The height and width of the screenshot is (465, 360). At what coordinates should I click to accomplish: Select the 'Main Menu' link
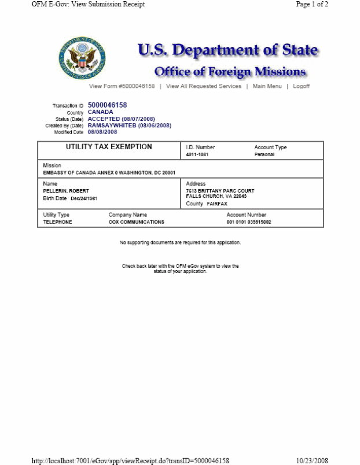pyautogui.click(x=267, y=86)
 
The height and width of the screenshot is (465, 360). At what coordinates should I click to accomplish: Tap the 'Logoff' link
pyautogui.click(x=301, y=86)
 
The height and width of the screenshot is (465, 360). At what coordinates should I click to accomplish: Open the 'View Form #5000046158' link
pyautogui.click(x=122, y=86)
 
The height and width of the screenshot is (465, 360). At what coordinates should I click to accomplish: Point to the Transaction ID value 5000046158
pyautogui.click(x=107, y=105)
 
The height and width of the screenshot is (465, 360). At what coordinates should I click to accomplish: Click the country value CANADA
pyautogui.click(x=100, y=112)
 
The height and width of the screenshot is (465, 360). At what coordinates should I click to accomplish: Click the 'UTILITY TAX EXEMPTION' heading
pyautogui.click(x=109, y=147)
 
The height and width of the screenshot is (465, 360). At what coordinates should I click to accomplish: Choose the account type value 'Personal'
pyautogui.click(x=265, y=155)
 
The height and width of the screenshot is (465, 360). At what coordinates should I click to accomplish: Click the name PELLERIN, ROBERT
pyautogui.click(x=66, y=191)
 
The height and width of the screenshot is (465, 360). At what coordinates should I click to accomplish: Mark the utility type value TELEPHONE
pyautogui.click(x=57, y=222)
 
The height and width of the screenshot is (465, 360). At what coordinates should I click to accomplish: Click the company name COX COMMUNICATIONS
pyautogui.click(x=136, y=222)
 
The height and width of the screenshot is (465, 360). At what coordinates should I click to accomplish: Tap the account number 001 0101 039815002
pyautogui.click(x=248, y=222)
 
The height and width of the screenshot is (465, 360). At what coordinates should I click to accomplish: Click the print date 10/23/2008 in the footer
pyautogui.click(x=312, y=460)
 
